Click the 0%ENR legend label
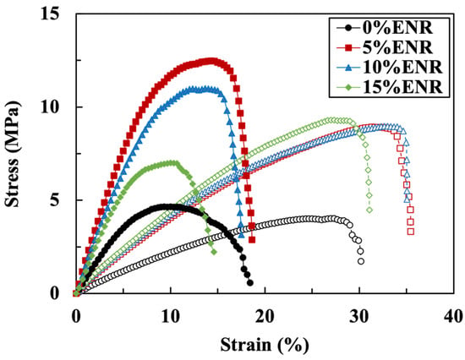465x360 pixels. [397, 28]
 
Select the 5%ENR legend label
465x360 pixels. [397, 47]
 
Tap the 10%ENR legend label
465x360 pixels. [402, 68]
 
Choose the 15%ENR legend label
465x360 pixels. [402, 87]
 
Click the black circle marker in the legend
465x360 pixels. [349, 28]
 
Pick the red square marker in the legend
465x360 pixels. [349, 47]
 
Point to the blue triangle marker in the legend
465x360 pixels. [349, 68]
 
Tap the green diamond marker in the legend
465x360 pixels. [349, 87]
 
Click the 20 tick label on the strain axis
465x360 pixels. [265, 317]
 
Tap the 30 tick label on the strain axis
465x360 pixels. [359, 317]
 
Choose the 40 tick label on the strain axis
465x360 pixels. [454, 317]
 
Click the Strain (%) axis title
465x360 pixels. [265, 345]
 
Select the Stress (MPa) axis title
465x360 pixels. [13, 154]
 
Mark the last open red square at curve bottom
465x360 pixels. [411, 232]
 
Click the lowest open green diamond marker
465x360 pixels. [369, 210]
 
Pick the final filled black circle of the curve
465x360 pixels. [250, 282]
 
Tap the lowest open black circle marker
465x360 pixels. [361, 261]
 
